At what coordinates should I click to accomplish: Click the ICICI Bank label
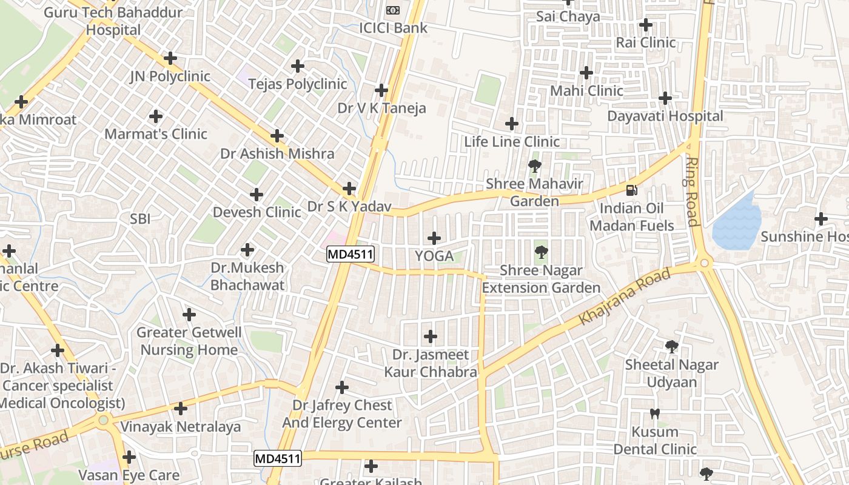(x=393, y=28)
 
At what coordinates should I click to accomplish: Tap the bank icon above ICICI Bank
(x=393, y=10)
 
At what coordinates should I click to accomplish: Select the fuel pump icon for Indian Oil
(x=631, y=190)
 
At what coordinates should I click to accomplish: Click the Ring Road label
(x=692, y=191)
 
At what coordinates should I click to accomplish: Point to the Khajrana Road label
(x=625, y=296)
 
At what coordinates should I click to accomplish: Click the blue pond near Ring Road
(x=737, y=221)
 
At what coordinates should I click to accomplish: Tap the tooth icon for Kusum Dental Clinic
(x=654, y=414)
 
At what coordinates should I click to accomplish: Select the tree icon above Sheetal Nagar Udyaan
(x=671, y=347)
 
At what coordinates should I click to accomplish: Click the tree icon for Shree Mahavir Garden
(x=534, y=166)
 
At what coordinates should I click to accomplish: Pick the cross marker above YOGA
(x=434, y=238)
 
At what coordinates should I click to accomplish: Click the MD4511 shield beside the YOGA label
(x=350, y=254)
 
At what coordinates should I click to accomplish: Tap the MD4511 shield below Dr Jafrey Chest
(x=277, y=458)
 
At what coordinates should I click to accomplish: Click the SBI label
(x=140, y=219)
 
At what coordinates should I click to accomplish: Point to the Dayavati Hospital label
(x=665, y=116)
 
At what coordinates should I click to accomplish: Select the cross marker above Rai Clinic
(x=646, y=25)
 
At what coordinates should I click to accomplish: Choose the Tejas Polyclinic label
(x=297, y=84)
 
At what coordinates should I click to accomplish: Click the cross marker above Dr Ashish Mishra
(x=277, y=136)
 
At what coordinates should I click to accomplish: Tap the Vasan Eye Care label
(x=129, y=475)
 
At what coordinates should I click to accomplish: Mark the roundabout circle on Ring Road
(x=704, y=263)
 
